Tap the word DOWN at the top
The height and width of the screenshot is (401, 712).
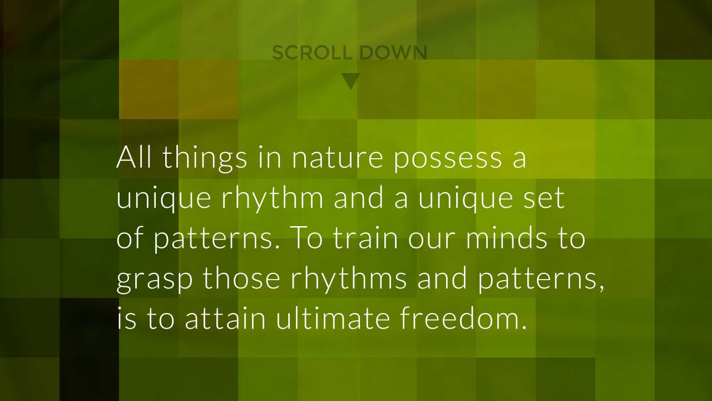coord(393,53)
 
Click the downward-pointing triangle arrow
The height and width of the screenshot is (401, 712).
coord(351,81)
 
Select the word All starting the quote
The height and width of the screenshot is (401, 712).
coord(133,157)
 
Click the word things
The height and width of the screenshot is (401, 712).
coord(205,159)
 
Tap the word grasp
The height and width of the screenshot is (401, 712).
coord(155,280)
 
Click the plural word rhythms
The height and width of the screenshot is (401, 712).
coord(349,280)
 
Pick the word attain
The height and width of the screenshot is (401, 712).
coord(225,317)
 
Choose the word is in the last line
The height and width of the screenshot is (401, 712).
coord(127,318)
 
